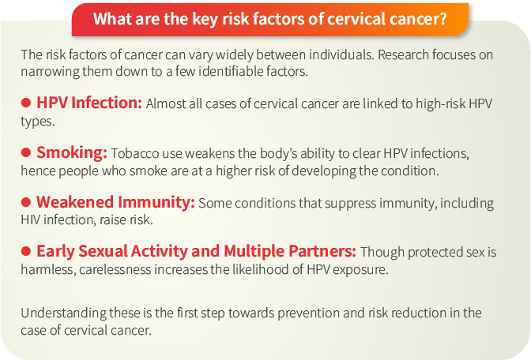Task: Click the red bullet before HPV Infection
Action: pos(26,103)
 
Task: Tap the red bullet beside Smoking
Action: pos(26,152)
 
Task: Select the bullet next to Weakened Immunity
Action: pos(26,202)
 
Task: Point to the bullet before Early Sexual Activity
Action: pos(26,252)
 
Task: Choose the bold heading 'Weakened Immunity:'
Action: pos(115,202)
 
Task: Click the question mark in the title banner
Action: pos(442,18)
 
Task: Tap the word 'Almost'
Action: pos(165,104)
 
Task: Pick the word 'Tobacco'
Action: pos(135,154)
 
